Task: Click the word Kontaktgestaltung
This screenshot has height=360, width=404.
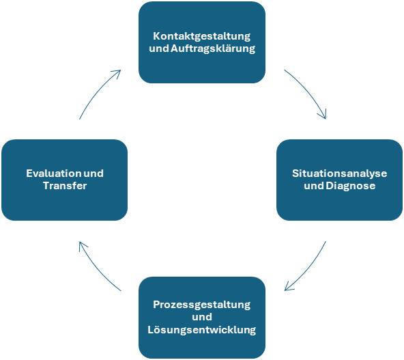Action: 202,36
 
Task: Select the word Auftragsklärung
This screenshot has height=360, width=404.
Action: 213,49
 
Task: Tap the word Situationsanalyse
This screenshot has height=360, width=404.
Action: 340,174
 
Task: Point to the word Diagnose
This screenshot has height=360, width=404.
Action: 351,186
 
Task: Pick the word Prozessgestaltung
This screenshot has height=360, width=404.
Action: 202,305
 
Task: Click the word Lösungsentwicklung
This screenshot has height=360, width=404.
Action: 202,330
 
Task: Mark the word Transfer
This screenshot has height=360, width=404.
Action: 65,186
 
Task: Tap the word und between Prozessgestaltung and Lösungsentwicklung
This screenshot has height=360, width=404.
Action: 202,317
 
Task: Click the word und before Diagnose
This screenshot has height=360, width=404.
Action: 314,186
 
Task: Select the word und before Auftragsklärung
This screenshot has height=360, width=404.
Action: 159,49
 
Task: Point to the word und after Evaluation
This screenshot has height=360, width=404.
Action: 93,174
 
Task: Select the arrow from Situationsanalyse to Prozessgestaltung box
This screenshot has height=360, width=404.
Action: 309,269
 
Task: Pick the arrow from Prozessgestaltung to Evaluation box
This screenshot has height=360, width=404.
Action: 97,269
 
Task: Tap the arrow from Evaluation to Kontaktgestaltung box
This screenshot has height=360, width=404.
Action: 97,92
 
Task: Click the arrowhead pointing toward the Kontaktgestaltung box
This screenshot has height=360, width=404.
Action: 117,72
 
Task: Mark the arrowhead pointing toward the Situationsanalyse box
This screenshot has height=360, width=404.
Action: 323,115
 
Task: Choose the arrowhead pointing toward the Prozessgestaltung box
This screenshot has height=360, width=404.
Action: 288,288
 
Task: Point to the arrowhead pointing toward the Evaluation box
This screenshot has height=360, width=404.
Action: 82,245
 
